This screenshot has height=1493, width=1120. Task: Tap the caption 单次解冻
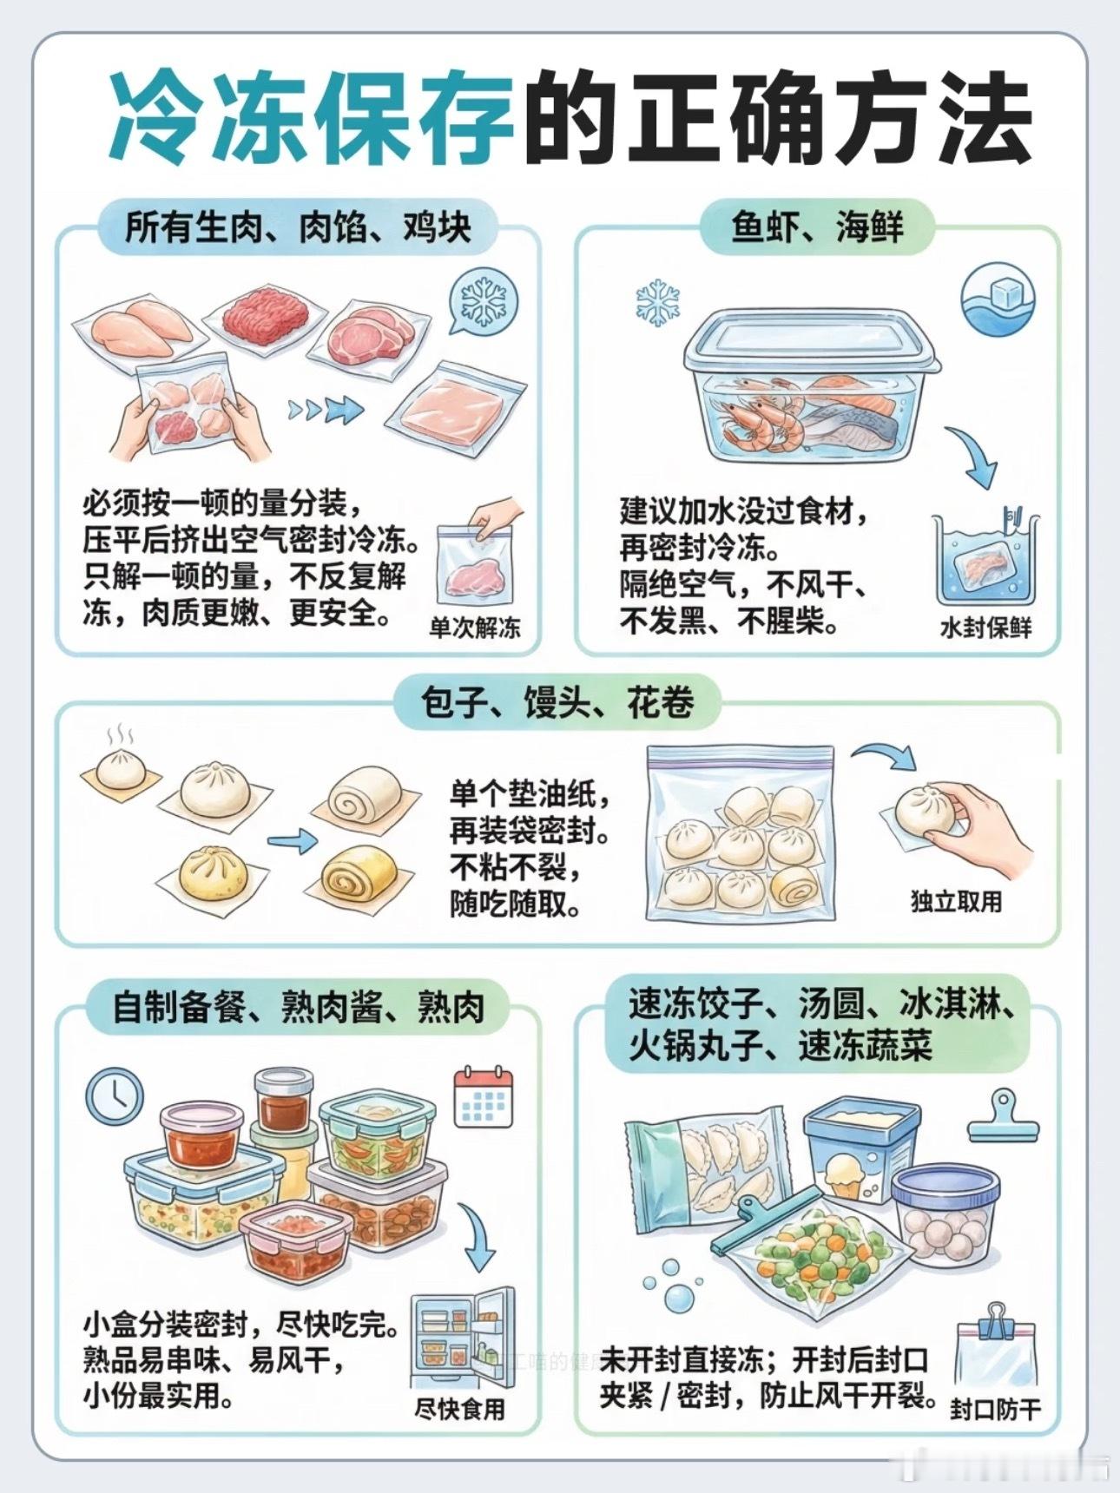coord(475,628)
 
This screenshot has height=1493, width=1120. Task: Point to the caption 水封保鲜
coord(986,628)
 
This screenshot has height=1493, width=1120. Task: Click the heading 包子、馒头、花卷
coord(557,702)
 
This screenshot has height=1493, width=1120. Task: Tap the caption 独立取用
coord(956,902)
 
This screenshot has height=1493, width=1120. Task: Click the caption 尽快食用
coord(459,1409)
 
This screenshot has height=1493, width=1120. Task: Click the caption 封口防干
coord(995,1409)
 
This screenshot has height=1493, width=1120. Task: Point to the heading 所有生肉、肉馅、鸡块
coord(298,227)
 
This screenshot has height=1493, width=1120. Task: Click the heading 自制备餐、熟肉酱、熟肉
coord(298,1007)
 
